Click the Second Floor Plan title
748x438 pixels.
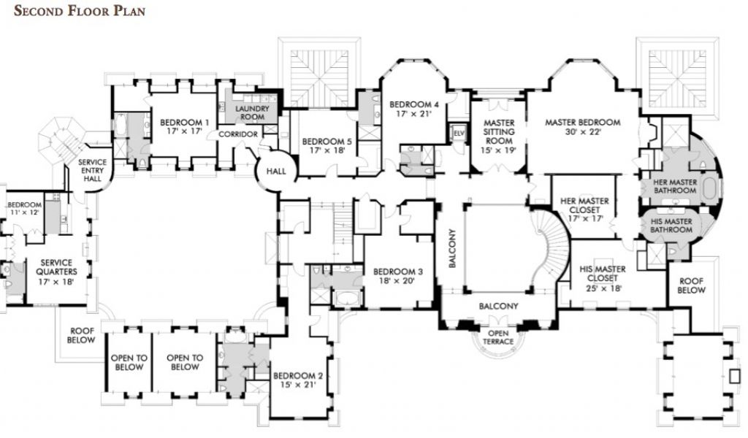tap(80, 11)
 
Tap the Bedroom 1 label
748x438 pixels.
tap(184, 123)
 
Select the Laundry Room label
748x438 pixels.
tap(252, 112)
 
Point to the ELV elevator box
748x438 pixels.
tap(459, 134)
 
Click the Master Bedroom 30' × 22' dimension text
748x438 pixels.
tap(583, 132)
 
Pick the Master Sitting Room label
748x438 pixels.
tap(499, 131)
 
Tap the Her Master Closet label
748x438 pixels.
tap(584, 205)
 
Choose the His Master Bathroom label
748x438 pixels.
tap(671, 226)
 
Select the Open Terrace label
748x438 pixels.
tap(498, 337)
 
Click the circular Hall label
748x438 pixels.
tap(276, 171)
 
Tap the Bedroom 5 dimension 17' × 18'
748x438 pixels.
tap(327, 150)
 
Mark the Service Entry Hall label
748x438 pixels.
tap(92, 170)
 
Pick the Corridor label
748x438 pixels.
tap(238, 134)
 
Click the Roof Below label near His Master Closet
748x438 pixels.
tap(692, 285)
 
